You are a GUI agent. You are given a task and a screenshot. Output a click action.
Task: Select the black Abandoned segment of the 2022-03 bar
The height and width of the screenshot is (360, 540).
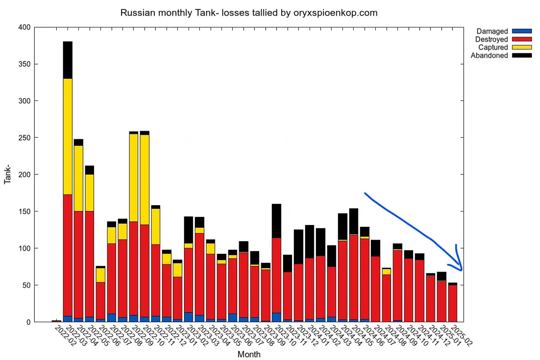coord(67,60)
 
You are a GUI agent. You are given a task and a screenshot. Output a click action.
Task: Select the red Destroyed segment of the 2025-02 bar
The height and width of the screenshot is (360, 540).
coord(453,303)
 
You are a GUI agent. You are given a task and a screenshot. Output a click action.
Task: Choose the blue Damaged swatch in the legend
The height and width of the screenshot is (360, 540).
coord(521,31)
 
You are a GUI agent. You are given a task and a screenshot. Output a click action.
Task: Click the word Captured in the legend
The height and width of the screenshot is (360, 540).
coord(493,47)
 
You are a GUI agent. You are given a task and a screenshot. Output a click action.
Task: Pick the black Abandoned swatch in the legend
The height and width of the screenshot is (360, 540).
coord(521,56)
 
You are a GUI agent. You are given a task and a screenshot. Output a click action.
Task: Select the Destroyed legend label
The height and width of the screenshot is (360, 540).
coord(491,39)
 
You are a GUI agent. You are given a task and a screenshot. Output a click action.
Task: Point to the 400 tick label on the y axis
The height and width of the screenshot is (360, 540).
coord(24,27)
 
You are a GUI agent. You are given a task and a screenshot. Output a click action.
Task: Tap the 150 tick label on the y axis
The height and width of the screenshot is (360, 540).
coord(24,211)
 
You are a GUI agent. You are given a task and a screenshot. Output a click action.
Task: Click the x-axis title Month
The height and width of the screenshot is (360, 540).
coord(249,354)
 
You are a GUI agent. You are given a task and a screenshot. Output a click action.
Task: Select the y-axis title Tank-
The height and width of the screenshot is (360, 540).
coord(7,174)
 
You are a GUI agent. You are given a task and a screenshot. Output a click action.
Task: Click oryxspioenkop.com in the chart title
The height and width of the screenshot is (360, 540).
coord(335,13)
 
